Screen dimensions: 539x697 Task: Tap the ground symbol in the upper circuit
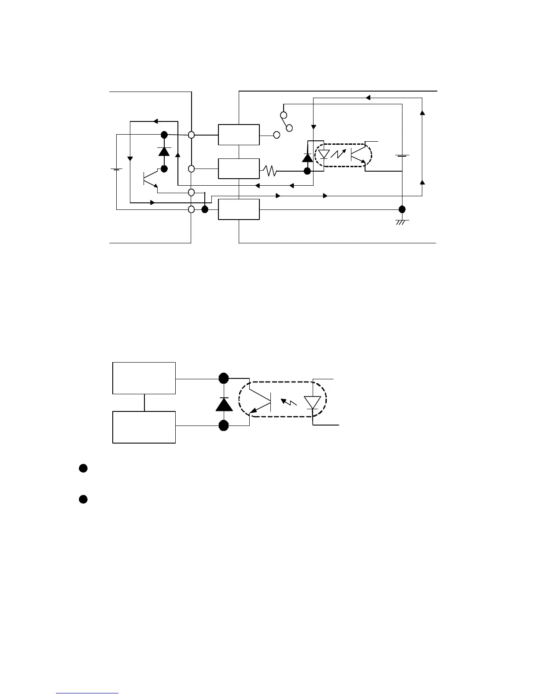pos(402,222)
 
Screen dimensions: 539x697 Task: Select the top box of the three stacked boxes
pos(239,135)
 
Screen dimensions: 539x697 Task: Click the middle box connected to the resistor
pos(239,169)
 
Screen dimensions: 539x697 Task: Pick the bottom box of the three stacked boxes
pos(239,209)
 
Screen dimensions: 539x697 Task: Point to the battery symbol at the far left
pos(116,169)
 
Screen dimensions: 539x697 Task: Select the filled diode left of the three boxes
pos(164,151)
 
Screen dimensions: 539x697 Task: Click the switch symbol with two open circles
pos(286,121)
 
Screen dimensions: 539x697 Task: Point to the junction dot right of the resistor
pos(307,171)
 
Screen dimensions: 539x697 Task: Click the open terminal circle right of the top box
pos(277,135)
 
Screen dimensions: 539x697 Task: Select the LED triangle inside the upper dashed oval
pos(324,154)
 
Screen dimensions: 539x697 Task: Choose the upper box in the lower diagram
pos(144,378)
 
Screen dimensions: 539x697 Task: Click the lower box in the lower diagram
pos(144,427)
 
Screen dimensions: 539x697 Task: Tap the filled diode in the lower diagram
pos(224,404)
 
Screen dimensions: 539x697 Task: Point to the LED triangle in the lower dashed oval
pos(313,402)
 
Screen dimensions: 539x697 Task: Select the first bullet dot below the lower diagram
pos(82,468)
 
